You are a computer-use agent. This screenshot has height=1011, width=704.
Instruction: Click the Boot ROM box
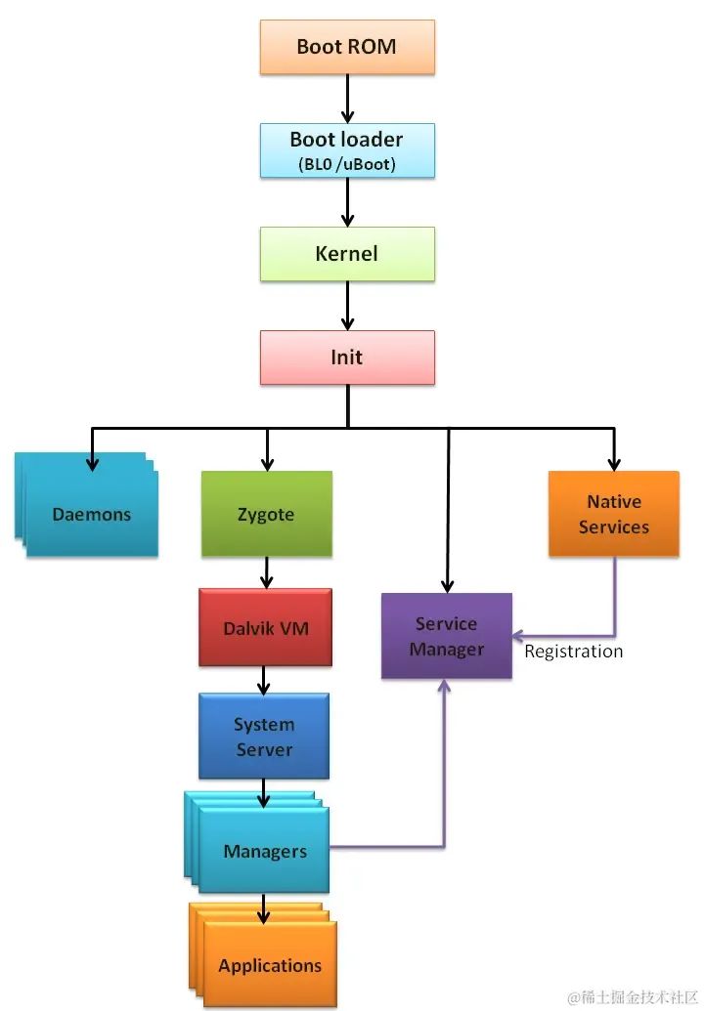(x=347, y=47)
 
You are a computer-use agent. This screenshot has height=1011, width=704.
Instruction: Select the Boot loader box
(x=347, y=148)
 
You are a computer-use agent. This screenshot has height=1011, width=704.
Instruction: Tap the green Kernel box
(x=347, y=254)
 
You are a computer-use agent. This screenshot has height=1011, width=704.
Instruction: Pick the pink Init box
(x=347, y=358)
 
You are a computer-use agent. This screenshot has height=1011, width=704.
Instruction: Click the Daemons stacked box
(x=91, y=515)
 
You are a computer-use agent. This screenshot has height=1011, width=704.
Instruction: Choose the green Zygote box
(x=266, y=515)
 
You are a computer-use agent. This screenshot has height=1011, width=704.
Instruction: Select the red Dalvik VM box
(x=265, y=628)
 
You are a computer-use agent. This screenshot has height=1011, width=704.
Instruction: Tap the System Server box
(x=264, y=737)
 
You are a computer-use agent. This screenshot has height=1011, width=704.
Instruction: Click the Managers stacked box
(x=264, y=851)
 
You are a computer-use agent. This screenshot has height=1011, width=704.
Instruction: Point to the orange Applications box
(x=270, y=965)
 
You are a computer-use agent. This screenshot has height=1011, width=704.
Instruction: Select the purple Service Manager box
(x=447, y=636)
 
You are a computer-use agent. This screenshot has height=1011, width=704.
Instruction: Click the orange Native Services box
(x=613, y=514)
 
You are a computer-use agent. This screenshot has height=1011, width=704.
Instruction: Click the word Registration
(x=573, y=652)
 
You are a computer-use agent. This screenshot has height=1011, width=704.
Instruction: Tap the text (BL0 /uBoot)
(x=347, y=164)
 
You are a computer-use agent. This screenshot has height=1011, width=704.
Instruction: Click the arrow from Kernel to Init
(x=347, y=306)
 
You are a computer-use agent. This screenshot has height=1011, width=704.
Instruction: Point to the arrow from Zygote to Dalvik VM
(x=266, y=572)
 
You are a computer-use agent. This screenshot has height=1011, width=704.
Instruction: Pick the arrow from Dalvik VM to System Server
(x=263, y=680)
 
